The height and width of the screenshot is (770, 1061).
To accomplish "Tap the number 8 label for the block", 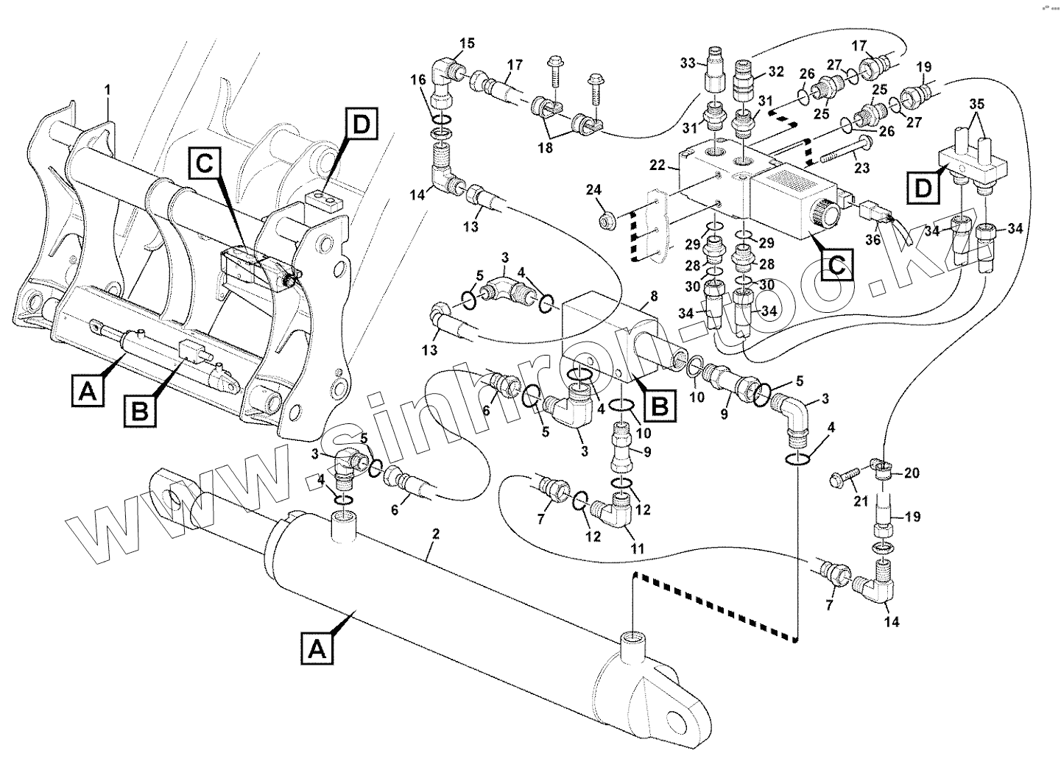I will pos(653,297).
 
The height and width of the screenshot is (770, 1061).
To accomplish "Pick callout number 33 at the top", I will pos(687,64).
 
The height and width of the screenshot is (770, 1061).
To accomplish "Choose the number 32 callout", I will pos(776,71).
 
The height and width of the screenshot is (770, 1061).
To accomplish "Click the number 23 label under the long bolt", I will pos(862,169).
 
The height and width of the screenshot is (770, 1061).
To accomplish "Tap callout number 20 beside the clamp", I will pos(912,473).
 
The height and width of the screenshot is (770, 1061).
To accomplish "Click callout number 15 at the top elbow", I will pos(468,43).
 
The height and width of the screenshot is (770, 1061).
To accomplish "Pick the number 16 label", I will pos(418,80).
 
